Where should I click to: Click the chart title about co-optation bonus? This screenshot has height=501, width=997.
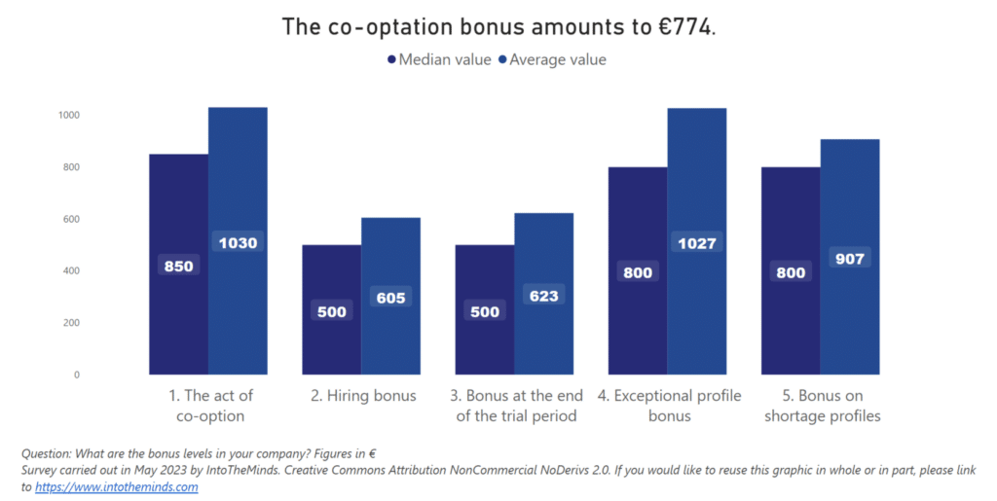(498, 26)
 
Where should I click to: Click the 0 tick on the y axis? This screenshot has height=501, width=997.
(77, 375)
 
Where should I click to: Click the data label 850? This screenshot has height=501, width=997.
(178, 266)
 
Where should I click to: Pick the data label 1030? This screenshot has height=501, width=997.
(238, 243)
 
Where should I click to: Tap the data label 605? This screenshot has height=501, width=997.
(390, 298)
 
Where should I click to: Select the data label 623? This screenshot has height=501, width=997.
(543, 295)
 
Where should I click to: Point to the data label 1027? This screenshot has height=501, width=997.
(696, 243)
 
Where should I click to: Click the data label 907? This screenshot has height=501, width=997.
(849, 259)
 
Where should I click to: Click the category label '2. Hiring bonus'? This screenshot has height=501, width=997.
(362, 396)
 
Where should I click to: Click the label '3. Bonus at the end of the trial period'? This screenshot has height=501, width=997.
(516, 406)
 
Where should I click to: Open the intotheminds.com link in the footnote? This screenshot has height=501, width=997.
(117, 487)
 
